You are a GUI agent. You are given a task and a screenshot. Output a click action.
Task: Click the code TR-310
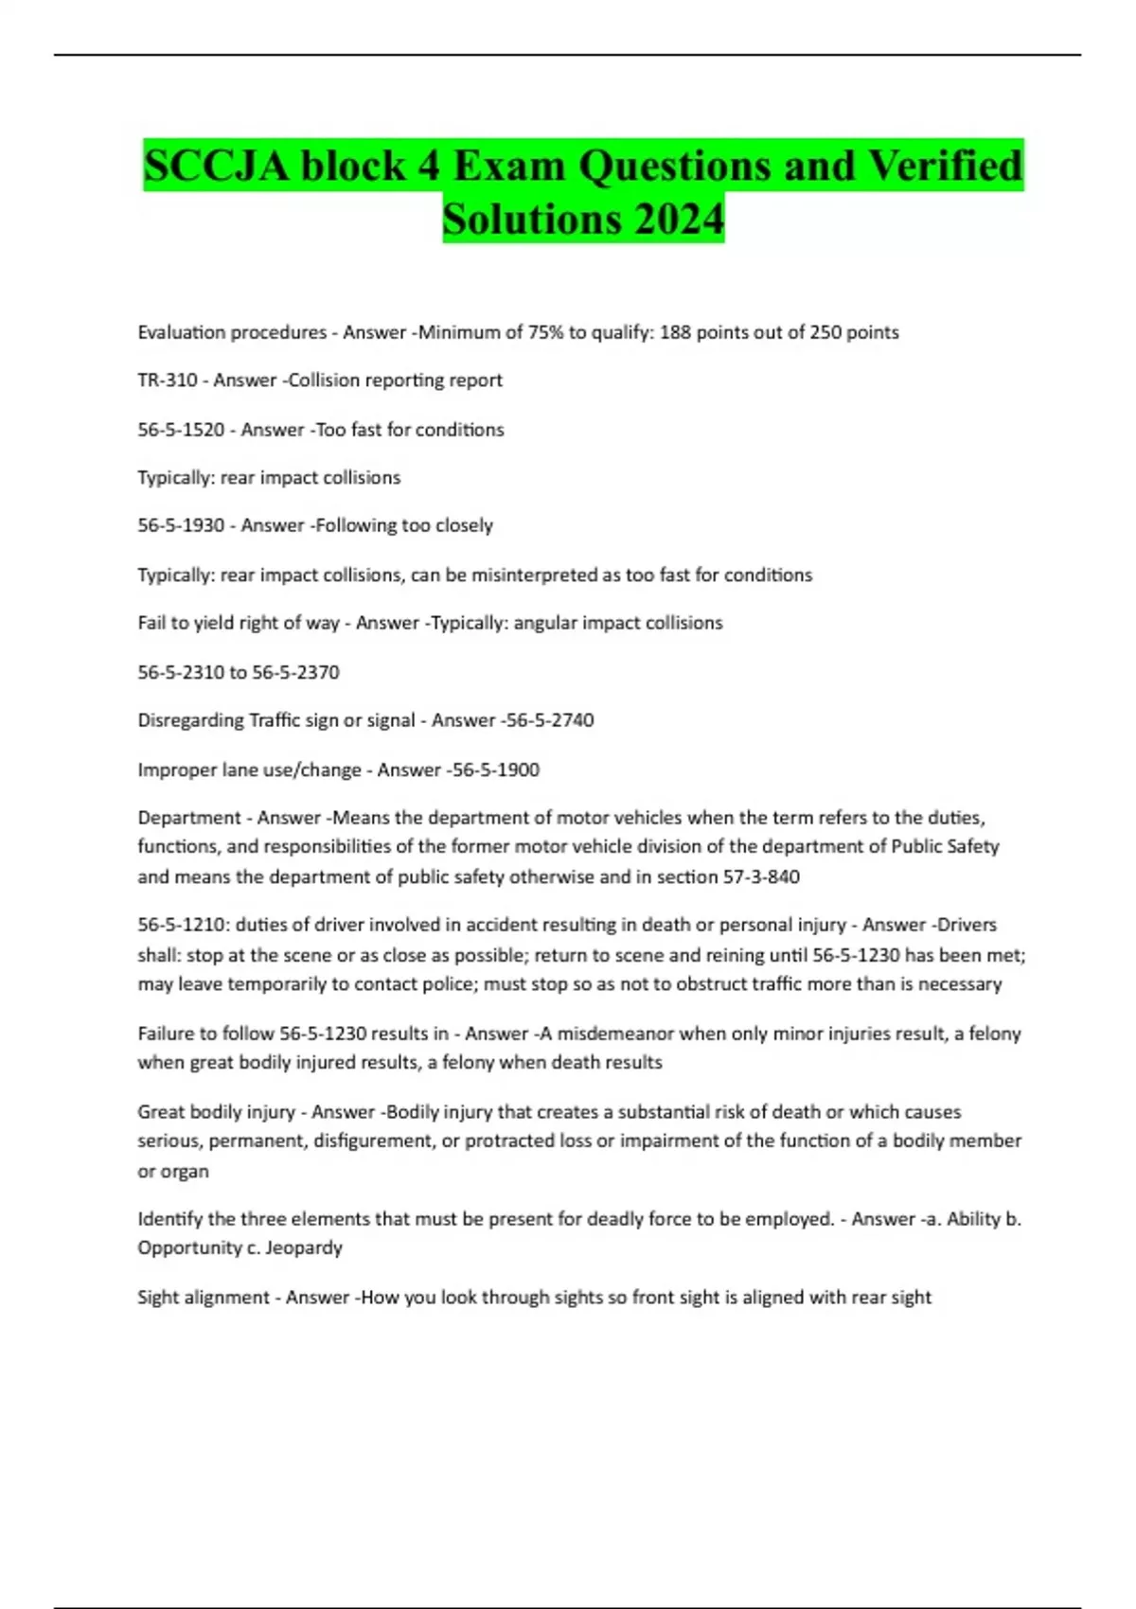point(167,380)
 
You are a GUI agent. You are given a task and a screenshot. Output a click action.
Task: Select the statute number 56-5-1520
point(181,430)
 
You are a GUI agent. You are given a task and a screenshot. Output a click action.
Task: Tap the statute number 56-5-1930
point(181,525)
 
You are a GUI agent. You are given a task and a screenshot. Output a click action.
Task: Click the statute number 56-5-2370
point(295,672)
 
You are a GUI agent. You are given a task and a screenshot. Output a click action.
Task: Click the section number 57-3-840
point(761,876)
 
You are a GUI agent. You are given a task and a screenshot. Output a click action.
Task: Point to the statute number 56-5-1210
point(181,925)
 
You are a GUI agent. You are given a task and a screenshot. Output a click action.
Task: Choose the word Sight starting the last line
point(157,1298)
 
